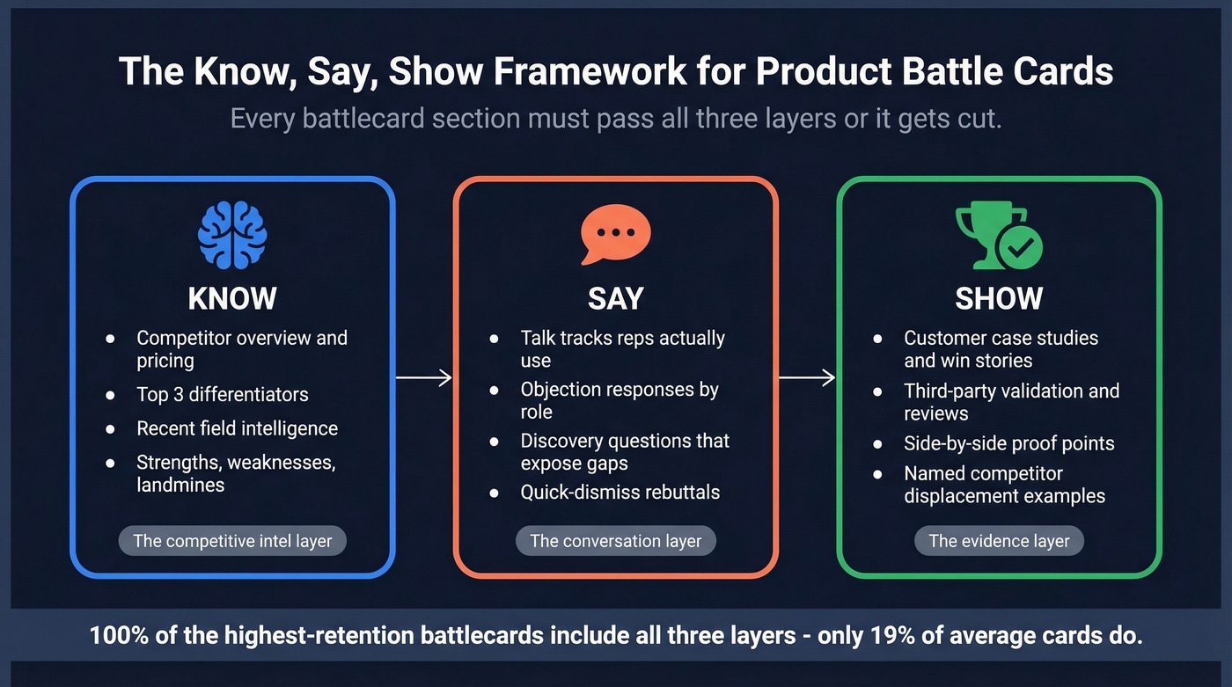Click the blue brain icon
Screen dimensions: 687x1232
pos(232,235)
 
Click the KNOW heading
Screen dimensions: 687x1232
pos(232,299)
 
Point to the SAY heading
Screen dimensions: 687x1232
pos(615,299)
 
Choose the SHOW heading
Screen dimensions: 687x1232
pos(999,299)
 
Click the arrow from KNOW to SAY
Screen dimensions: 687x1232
pos(423,378)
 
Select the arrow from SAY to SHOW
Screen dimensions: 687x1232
pos(807,378)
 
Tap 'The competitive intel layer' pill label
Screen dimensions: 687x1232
pos(232,541)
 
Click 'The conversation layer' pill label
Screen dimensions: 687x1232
pos(615,541)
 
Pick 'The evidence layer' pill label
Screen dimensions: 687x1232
pos(999,541)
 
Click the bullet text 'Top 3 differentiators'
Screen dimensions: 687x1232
pos(222,394)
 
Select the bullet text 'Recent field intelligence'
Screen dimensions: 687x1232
pos(237,428)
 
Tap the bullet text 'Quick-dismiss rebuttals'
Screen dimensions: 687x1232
pos(620,492)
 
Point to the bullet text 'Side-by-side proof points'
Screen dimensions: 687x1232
pos(1008,443)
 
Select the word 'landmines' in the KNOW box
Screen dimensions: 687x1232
pos(180,485)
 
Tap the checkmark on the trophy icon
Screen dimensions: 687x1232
pos(1021,248)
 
